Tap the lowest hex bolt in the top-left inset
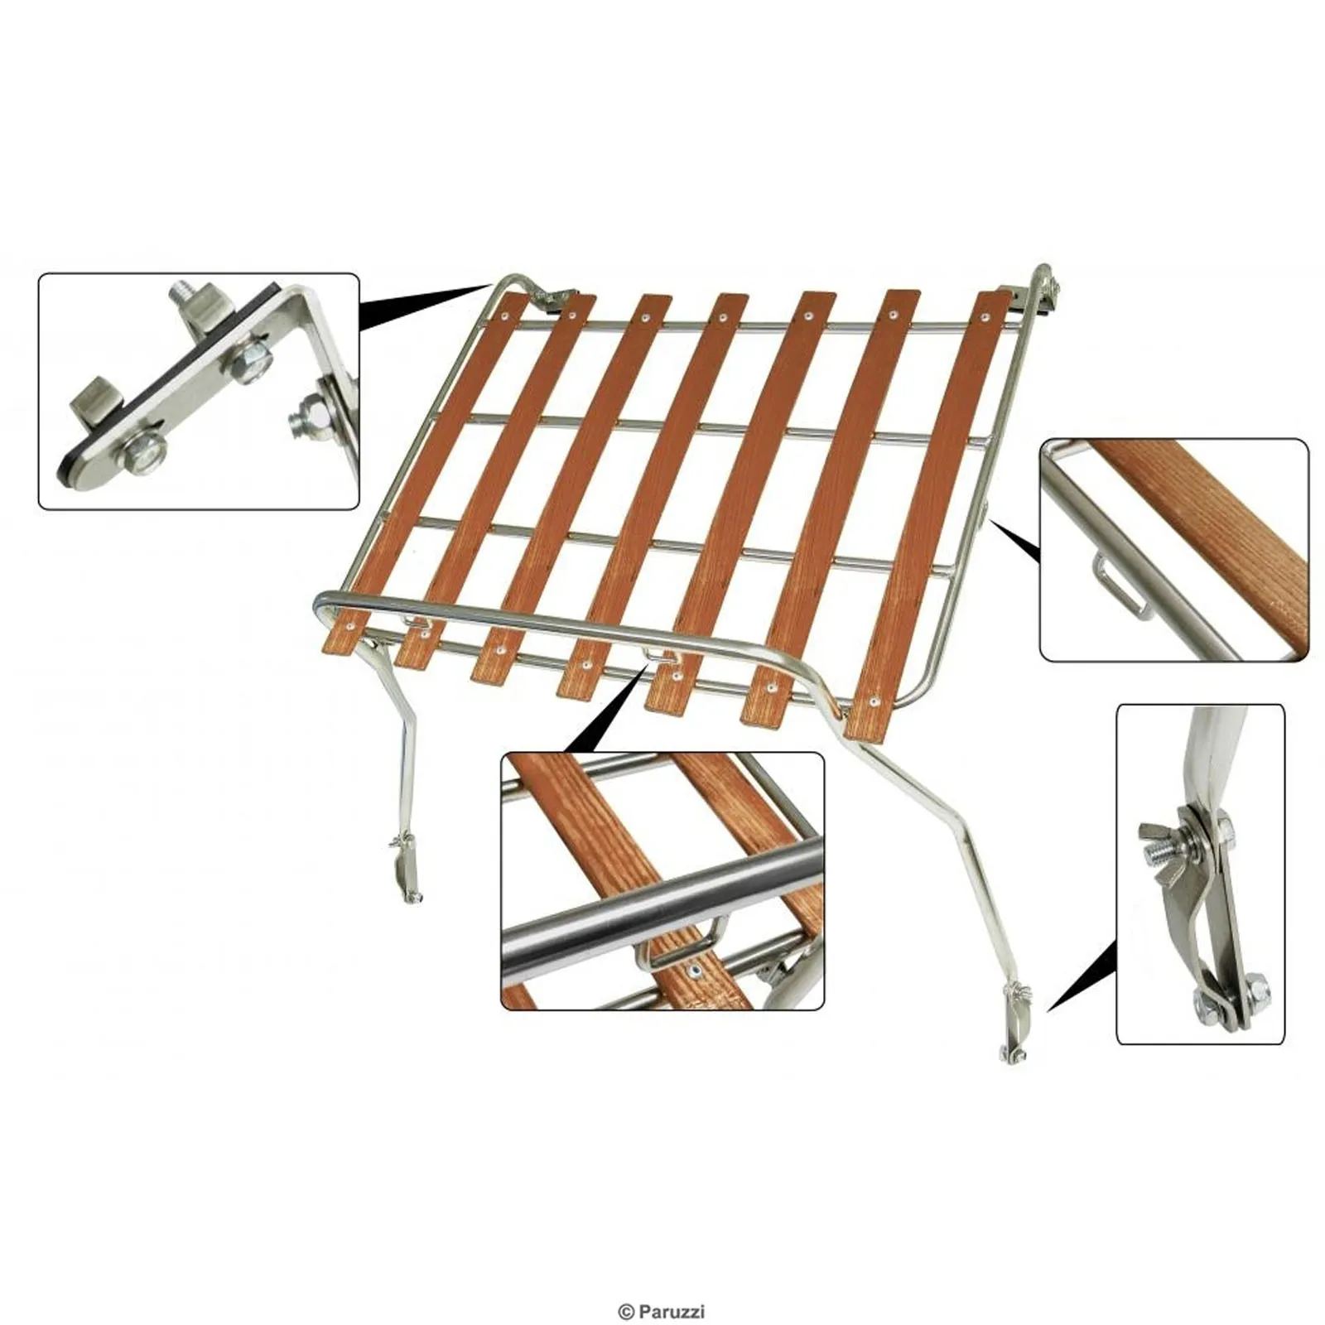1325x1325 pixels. click(145, 455)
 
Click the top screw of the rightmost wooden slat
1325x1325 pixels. click(985, 318)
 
